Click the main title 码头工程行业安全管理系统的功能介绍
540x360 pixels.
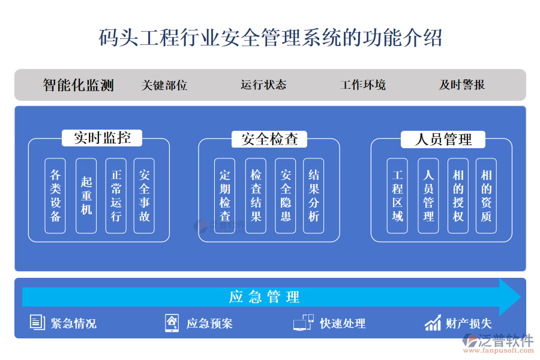point(270,37)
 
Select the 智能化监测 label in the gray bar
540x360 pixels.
point(79,85)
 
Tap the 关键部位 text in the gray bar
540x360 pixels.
point(164,85)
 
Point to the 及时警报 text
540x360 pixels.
point(462,85)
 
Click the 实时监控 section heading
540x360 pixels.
point(103,138)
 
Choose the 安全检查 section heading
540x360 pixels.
point(269,139)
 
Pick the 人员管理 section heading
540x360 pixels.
point(443,140)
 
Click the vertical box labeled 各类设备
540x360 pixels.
point(56,196)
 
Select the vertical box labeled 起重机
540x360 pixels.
point(86,196)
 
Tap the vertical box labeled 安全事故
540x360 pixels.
point(145,196)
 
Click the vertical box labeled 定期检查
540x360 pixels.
point(225,196)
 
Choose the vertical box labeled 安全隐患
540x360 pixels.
point(286,196)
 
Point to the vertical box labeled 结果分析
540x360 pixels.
point(314,196)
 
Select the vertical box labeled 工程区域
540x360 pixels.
point(398,196)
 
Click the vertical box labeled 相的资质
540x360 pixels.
point(486,196)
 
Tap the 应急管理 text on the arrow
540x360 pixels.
point(264,297)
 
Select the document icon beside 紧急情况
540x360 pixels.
point(37,323)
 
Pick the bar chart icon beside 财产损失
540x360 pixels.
point(433,323)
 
